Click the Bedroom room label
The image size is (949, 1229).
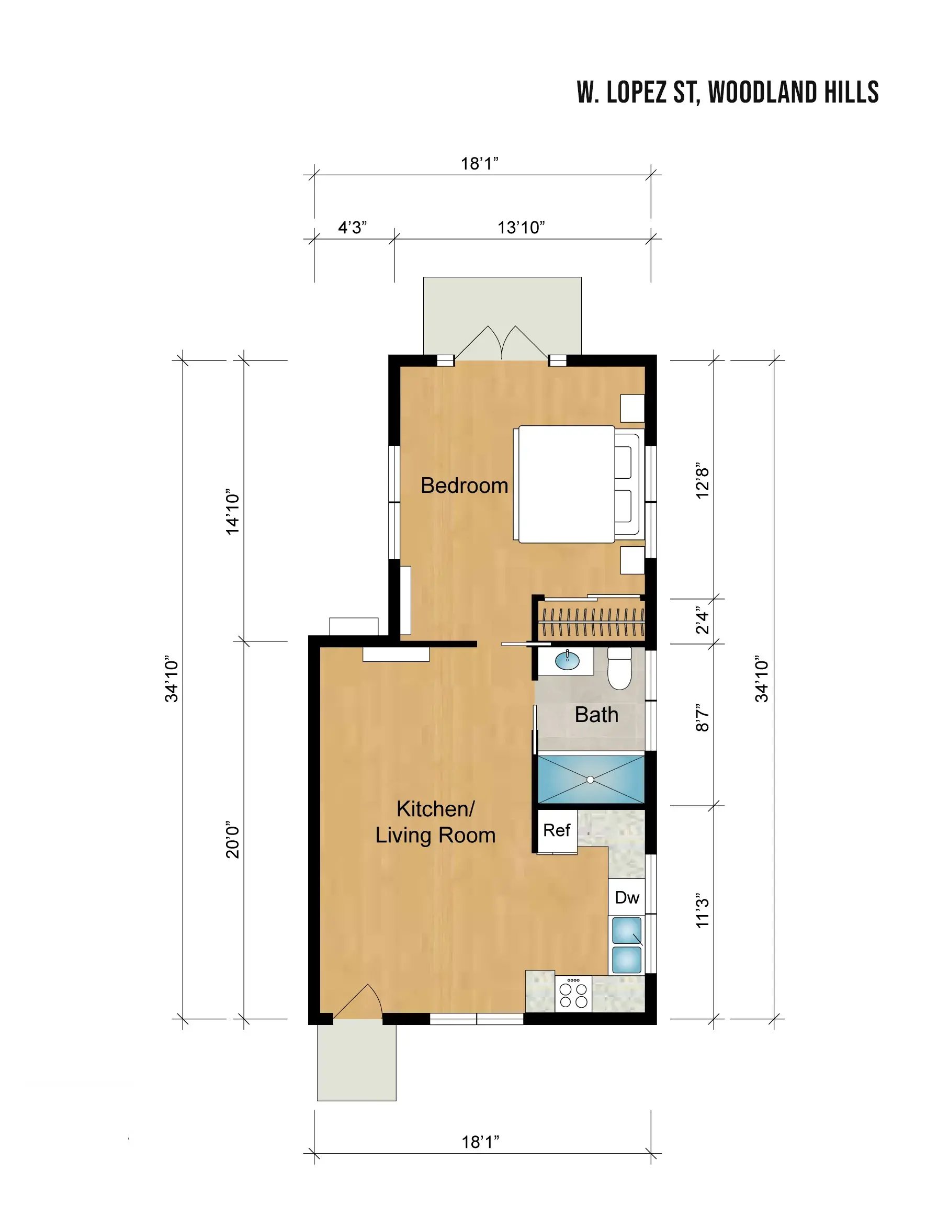click(464, 486)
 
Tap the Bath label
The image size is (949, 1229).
click(596, 715)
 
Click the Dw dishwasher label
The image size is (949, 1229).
click(627, 898)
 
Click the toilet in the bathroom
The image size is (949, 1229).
click(619, 669)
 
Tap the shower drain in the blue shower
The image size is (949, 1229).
click(590, 780)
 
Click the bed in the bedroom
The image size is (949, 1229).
click(578, 484)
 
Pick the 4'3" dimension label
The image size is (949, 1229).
click(352, 228)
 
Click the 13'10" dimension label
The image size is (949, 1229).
click(521, 228)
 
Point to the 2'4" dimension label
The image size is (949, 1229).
click(702, 619)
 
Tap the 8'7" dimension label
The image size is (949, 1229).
click(702, 717)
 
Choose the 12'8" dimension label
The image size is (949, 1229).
click(702, 482)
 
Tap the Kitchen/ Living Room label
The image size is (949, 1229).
click(435, 822)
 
